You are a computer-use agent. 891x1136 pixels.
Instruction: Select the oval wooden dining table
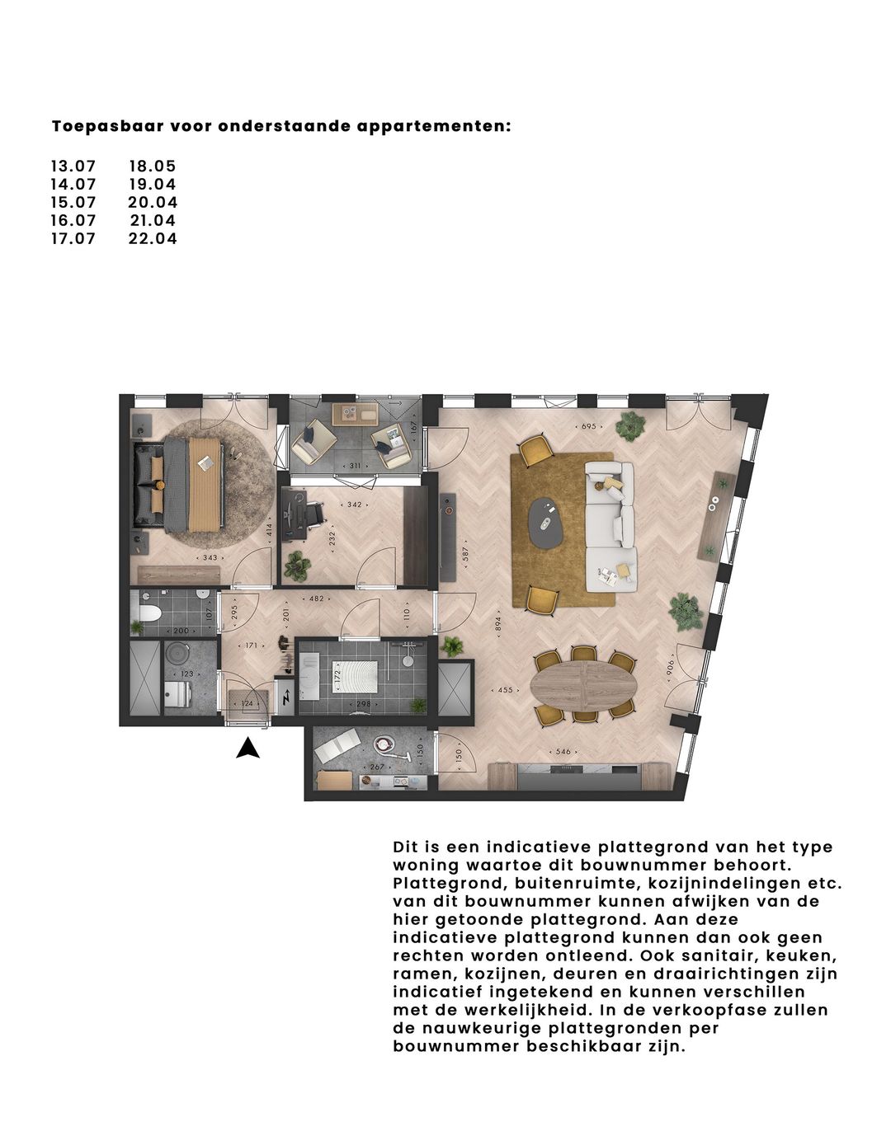click(x=584, y=684)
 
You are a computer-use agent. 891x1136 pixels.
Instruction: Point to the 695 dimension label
click(x=587, y=426)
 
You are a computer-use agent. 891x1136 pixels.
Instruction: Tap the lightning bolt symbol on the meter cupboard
click(x=285, y=699)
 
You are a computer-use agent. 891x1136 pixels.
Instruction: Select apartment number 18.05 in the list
click(x=153, y=166)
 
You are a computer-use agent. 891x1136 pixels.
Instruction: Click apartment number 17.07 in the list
click(x=73, y=238)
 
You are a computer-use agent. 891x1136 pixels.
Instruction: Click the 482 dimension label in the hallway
click(x=315, y=599)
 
